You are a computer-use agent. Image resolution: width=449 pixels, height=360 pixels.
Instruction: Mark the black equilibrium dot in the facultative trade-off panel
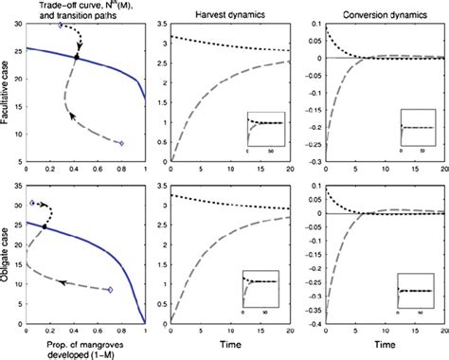pos(77,59)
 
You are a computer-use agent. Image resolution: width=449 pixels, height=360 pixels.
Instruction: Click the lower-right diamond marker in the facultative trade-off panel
pos(121,144)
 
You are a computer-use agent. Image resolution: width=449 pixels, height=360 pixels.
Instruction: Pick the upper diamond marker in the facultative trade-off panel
pos(61,26)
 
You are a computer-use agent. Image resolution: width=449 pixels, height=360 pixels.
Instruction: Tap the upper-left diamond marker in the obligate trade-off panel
pos(33,203)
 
